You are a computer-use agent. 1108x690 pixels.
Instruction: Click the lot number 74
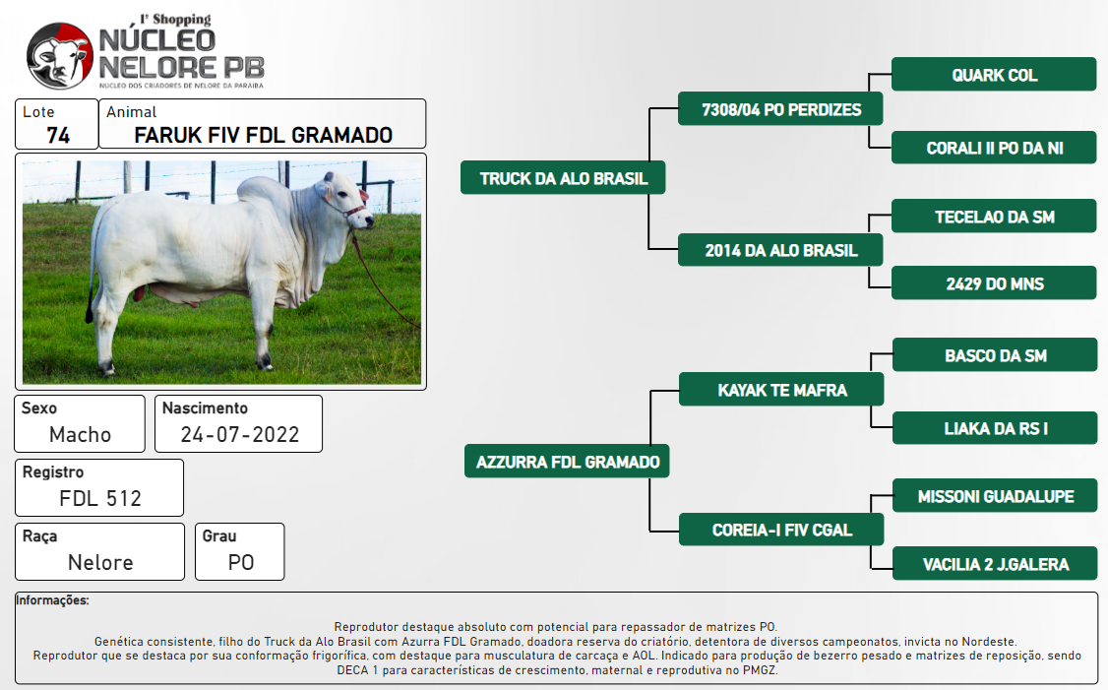tap(58, 135)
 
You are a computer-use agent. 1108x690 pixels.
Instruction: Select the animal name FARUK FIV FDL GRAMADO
tap(263, 135)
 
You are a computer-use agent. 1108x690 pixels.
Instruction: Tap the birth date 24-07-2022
tap(239, 434)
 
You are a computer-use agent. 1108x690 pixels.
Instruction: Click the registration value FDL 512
tap(100, 498)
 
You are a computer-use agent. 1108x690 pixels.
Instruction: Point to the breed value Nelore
tap(100, 562)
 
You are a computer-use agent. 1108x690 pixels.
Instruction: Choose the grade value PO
tap(240, 562)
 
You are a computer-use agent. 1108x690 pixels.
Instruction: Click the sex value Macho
tap(80, 434)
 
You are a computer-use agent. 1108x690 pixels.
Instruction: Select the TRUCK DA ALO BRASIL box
tap(563, 177)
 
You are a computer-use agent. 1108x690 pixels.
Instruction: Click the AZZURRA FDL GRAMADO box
tap(567, 461)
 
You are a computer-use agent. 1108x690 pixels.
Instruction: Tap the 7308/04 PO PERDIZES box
tap(780, 109)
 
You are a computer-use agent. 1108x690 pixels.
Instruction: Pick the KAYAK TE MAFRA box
tap(781, 390)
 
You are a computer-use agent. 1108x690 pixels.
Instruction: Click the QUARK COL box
tap(994, 74)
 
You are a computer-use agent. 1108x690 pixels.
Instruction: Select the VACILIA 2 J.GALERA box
tap(995, 563)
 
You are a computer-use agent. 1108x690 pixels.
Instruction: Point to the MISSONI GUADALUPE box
tap(995, 495)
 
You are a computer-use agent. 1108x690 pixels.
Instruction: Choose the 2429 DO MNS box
tap(994, 282)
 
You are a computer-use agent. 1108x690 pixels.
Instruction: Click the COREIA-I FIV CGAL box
tap(781, 529)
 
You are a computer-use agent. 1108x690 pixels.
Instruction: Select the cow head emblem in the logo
tap(60, 56)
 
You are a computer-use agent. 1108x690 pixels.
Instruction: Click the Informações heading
tap(52, 600)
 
